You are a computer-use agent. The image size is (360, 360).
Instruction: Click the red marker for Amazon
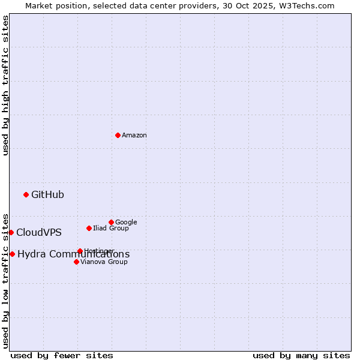[x=118, y=135]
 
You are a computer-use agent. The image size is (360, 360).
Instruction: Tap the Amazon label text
[x=134, y=136]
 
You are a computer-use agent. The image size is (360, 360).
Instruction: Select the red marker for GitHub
[x=26, y=194]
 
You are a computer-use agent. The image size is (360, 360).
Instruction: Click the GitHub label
[x=47, y=194]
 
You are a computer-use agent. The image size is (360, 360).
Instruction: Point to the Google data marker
[x=111, y=222]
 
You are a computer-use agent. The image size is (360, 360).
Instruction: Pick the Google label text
[x=126, y=222]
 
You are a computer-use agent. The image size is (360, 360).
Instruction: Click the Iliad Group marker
[x=89, y=228]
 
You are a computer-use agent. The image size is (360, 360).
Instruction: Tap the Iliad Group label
[x=111, y=228]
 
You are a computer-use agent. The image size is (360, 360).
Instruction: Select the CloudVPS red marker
[x=11, y=232]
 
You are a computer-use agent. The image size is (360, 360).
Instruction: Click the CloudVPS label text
[x=38, y=233]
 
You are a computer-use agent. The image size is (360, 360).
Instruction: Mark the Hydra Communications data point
[x=12, y=254]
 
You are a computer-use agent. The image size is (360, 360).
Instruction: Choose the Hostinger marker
[x=80, y=251]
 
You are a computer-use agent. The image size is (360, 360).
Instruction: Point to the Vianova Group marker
[x=76, y=262]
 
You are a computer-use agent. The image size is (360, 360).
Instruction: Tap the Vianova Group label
[x=104, y=262]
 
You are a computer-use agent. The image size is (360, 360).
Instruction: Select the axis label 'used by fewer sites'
[x=62, y=355]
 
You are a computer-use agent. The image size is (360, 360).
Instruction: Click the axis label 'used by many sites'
[x=301, y=355]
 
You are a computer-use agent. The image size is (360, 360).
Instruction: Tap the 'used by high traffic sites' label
[x=5, y=85]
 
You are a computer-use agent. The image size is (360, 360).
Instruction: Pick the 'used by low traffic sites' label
[x=5, y=280]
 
